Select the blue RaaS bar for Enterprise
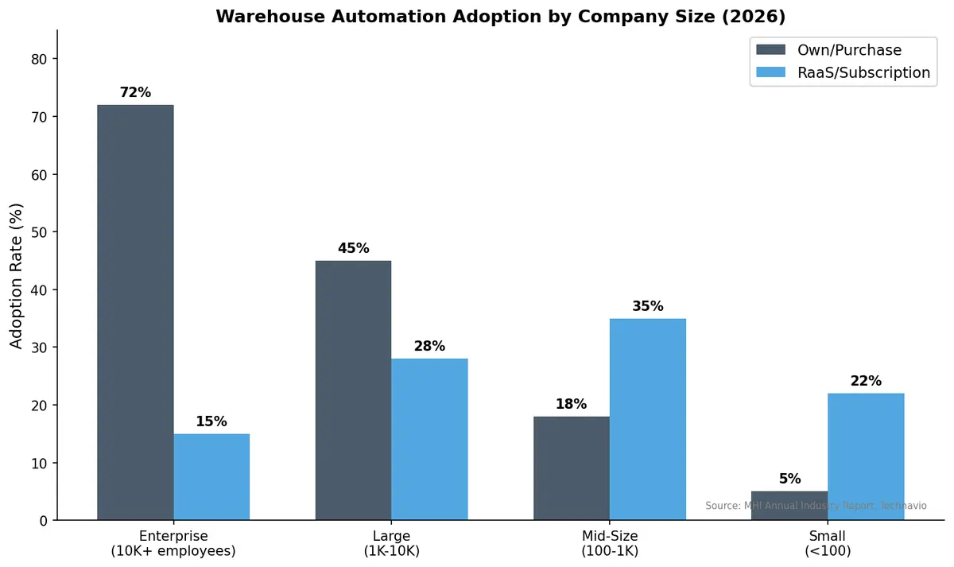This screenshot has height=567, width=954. point(211,476)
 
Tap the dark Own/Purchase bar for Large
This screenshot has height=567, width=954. point(353,390)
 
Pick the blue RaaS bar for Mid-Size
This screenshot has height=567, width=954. point(648,419)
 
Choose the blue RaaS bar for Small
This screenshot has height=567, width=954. point(866,456)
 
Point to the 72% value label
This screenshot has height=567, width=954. point(135,92)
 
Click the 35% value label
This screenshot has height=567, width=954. point(648,306)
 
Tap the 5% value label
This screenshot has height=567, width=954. point(789,479)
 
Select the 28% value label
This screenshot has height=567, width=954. point(429,347)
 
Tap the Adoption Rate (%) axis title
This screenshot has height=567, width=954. point(17,275)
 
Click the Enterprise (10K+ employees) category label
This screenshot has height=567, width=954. point(173,542)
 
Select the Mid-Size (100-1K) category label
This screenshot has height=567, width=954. point(610,542)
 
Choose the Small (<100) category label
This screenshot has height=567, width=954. point(828,542)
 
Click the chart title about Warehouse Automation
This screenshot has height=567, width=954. point(501,16)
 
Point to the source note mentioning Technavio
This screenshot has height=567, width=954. point(816,506)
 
